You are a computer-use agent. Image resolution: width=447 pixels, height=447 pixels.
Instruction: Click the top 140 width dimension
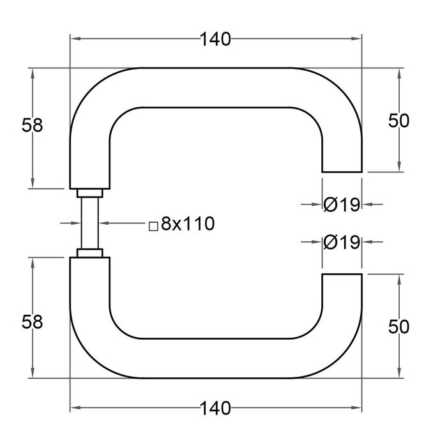(x=215, y=40)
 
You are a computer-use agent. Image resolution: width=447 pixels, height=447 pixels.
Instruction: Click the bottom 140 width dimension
(x=215, y=407)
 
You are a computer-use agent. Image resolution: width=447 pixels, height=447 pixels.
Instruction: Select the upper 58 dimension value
(x=32, y=125)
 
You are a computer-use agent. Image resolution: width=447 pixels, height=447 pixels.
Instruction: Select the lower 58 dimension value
(x=32, y=322)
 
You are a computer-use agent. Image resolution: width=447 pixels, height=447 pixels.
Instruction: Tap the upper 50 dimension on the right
(x=398, y=120)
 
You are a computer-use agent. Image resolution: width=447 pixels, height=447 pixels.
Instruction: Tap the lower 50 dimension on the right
(x=398, y=326)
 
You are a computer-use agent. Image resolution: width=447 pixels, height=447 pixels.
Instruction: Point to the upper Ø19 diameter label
(x=342, y=204)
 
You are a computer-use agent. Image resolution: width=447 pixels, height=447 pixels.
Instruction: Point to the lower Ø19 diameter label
(x=342, y=243)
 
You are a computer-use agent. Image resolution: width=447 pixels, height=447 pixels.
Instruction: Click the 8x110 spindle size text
(x=186, y=223)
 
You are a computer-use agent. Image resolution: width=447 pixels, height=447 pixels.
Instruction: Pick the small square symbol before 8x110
(x=153, y=225)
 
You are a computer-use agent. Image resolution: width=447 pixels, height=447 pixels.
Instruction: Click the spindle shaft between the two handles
(x=89, y=223)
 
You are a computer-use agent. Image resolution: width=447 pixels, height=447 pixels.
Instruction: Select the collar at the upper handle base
(x=89, y=193)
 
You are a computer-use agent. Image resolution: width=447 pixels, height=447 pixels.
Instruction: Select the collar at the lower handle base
(x=89, y=253)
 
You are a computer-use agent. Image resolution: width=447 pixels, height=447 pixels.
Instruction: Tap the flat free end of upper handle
(x=342, y=171)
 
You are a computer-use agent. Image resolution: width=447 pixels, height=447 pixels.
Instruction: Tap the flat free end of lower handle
(x=342, y=275)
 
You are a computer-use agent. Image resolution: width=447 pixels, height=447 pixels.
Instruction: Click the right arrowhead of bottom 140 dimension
(x=357, y=407)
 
